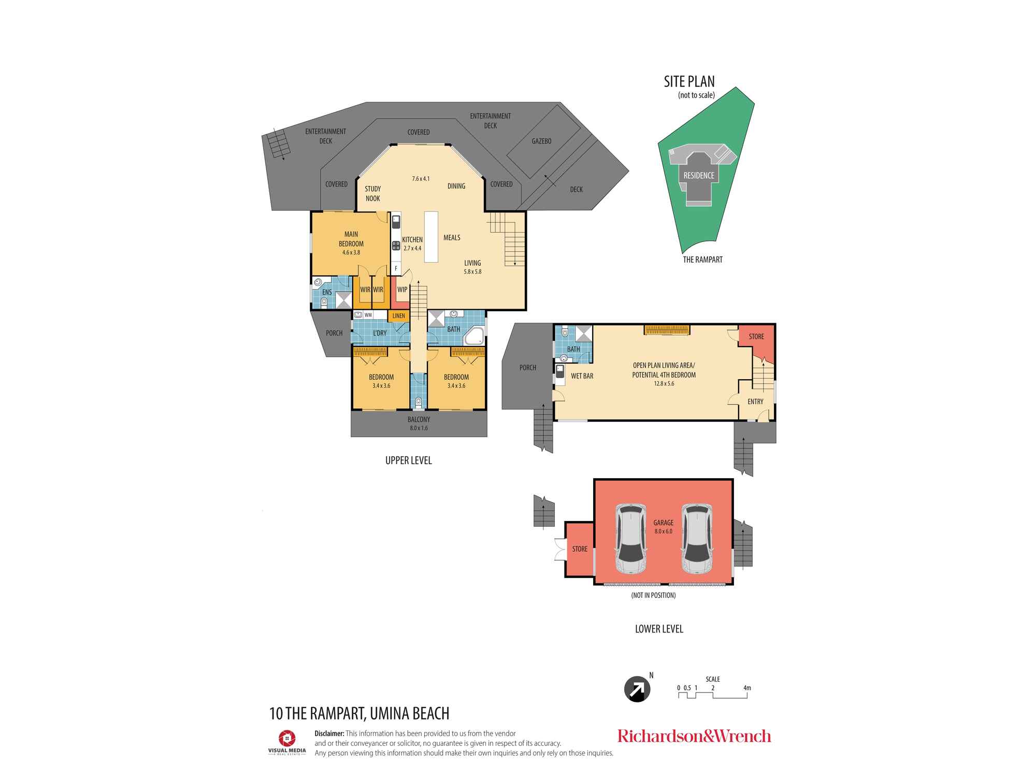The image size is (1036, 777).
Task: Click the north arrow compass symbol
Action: point(637,689)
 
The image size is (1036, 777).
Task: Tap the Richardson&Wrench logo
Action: point(694,736)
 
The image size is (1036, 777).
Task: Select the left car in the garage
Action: point(631,539)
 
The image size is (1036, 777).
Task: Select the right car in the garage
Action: point(697,539)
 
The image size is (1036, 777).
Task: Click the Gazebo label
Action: point(541,141)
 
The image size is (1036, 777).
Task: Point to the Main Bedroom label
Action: point(351,239)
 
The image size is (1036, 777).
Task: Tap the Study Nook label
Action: point(372,194)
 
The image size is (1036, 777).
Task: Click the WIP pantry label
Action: point(402,290)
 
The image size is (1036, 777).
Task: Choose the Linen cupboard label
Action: point(398,315)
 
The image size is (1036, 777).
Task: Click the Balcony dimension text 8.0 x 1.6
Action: point(419,428)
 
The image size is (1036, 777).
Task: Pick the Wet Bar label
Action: point(582,376)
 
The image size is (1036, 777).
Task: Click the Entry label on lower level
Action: point(755,401)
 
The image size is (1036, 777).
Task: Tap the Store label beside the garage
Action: point(580,549)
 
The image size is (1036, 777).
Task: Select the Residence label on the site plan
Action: point(699,176)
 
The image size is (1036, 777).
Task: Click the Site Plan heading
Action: point(689,82)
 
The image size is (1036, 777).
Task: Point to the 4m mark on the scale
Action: point(747,688)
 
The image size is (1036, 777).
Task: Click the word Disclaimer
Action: point(329,733)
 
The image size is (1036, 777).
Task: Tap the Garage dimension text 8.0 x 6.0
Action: point(663,531)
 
